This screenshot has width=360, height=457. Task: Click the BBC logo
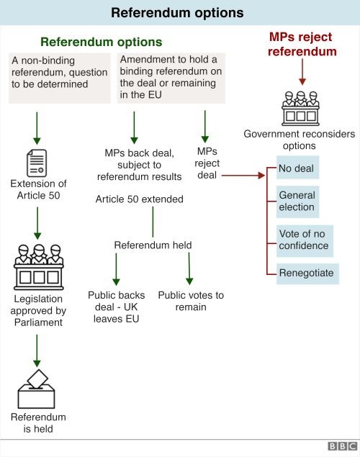point(342,446)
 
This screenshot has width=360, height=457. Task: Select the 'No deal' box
point(297,167)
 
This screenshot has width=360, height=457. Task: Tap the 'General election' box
point(297,202)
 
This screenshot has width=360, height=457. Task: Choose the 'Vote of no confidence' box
point(305,241)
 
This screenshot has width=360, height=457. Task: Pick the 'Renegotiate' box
point(307,273)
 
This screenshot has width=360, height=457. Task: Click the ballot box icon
point(37,389)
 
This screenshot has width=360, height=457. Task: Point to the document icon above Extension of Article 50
point(37,163)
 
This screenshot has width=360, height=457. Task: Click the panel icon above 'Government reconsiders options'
point(300,109)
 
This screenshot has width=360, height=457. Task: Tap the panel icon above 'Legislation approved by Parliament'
point(39,267)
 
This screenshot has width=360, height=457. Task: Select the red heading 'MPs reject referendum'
point(302,44)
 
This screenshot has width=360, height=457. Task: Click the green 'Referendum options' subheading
point(101,42)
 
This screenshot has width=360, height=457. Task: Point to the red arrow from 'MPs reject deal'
point(243,176)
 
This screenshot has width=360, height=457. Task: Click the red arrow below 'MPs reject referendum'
point(302,72)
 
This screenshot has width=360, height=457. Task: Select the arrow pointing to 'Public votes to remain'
point(189,268)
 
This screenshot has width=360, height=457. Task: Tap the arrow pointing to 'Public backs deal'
point(116,269)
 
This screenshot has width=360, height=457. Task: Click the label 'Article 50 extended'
point(140,199)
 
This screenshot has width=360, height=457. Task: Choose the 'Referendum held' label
point(153,245)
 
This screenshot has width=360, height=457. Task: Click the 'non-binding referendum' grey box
point(60,78)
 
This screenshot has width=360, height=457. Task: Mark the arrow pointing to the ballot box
point(37,350)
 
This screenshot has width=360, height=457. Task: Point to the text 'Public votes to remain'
point(191,301)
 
